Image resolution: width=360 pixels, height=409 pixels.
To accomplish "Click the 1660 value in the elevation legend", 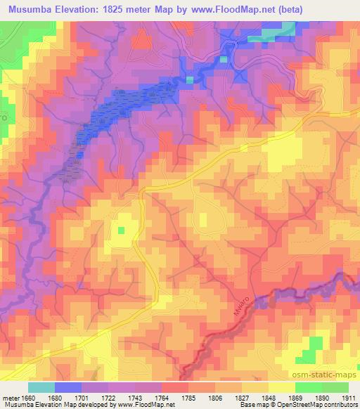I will click(27, 397).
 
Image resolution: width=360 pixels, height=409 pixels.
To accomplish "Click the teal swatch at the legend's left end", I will click(41, 387).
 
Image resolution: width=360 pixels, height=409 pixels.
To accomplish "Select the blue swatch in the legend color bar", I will click(67, 387).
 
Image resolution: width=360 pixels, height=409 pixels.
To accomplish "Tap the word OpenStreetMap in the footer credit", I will click(284, 405).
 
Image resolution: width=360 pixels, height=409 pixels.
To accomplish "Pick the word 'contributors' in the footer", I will click(335, 405).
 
